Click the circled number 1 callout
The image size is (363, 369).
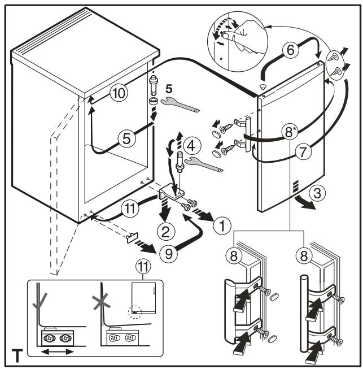tap(222, 225)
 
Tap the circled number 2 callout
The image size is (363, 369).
tap(166, 231)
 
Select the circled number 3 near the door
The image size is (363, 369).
tap(317, 193)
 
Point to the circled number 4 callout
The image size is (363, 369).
tap(192, 146)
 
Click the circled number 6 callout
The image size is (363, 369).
tap(291, 50)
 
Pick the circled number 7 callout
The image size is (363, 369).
tap(303, 152)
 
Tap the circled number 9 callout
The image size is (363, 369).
tap(169, 254)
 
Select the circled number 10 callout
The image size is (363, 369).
tap(119, 93)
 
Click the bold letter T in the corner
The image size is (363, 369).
tap(17, 355)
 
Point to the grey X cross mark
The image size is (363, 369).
tap(101, 301)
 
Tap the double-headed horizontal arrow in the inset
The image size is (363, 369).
tap(58, 352)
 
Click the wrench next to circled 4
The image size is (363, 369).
tap(204, 164)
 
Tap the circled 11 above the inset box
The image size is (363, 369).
tap(143, 267)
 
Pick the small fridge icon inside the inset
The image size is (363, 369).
tap(143, 298)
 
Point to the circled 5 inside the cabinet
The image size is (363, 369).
tap(126, 138)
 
